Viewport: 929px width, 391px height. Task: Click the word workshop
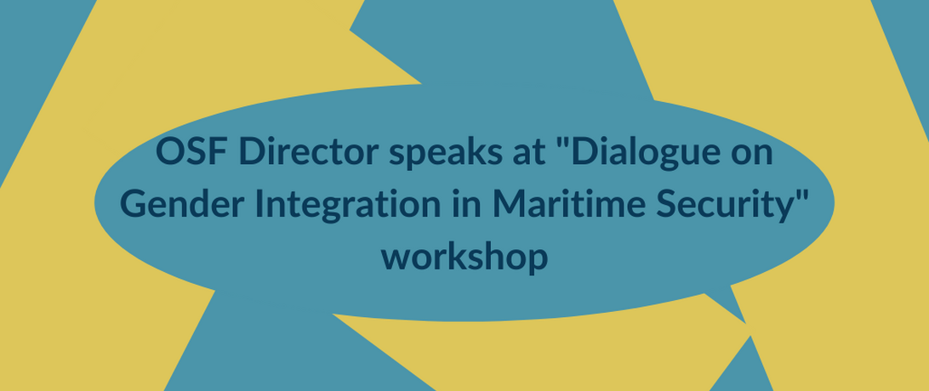tap(464, 258)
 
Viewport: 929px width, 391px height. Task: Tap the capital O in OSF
tap(169, 153)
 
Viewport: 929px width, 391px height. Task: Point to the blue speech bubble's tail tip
tap(746, 324)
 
